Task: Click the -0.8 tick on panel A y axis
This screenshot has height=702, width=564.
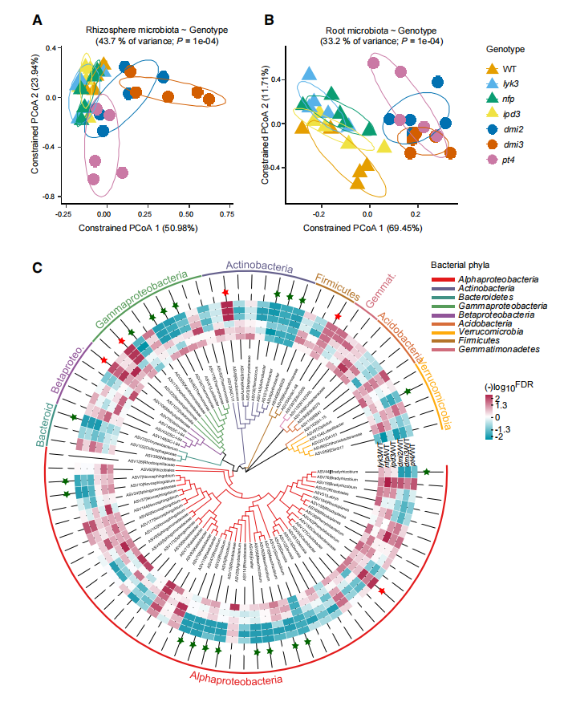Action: [x=50, y=197]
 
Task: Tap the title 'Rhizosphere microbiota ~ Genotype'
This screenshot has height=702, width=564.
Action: [x=144, y=30]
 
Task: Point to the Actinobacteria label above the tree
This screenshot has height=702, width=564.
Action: [x=258, y=265]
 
